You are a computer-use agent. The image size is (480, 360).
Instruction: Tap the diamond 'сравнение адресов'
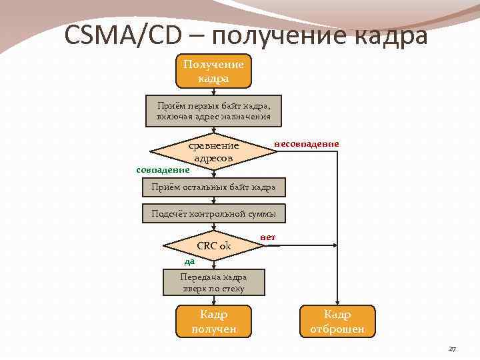pos(213,152)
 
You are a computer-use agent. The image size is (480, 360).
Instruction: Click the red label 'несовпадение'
pos(306,144)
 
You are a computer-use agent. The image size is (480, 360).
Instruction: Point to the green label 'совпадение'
pos(163,170)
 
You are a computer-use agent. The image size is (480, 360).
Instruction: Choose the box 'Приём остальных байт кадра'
pos(213,187)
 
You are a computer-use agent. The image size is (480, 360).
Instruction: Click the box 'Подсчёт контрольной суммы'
pos(213,214)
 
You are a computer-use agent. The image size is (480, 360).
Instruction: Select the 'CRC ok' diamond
pos(213,246)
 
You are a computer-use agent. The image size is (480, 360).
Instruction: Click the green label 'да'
pos(190,262)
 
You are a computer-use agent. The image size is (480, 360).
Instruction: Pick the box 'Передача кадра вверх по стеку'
pos(213,283)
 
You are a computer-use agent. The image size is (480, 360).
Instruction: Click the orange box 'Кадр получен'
pos(213,321)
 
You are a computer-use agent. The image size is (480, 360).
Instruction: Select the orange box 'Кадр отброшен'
pos(337,321)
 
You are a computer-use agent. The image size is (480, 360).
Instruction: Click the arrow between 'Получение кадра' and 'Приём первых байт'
pos(213,93)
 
